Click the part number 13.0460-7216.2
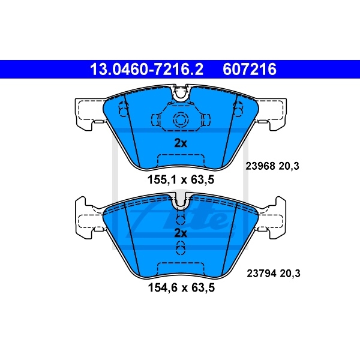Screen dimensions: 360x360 click(x=146, y=70)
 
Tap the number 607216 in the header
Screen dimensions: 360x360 click(x=251, y=70)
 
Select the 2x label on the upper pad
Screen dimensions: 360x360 click(x=181, y=143)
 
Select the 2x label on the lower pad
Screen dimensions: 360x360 click(x=181, y=232)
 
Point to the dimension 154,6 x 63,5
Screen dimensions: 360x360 click(x=181, y=288)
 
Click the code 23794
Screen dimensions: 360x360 click(x=259, y=274)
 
